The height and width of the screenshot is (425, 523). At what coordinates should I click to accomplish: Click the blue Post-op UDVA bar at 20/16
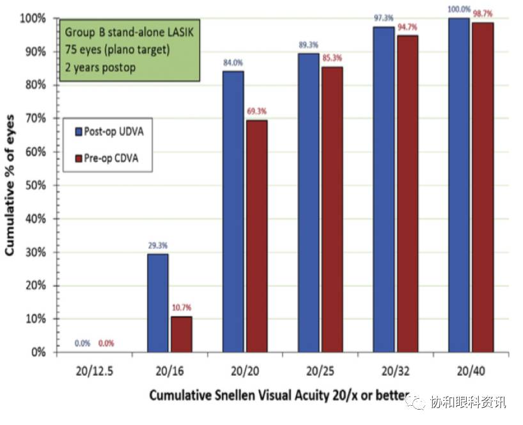(x=157, y=303)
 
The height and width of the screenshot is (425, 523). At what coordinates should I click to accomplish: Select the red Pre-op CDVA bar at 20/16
(x=181, y=333)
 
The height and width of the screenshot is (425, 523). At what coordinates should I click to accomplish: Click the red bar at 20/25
(x=332, y=209)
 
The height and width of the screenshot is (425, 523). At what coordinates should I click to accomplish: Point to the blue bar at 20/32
(x=384, y=189)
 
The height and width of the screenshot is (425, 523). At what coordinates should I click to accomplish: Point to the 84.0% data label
(x=233, y=63)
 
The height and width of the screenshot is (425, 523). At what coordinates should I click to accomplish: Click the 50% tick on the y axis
(x=36, y=185)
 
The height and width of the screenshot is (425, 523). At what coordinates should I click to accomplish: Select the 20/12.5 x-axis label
(x=82, y=371)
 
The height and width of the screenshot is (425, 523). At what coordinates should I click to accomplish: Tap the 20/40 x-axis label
(x=471, y=371)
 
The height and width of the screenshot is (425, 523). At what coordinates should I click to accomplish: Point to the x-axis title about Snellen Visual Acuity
(x=269, y=396)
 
